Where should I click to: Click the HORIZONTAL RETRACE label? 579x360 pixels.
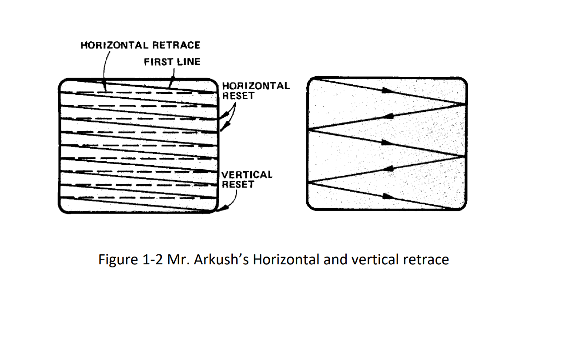pos(140,45)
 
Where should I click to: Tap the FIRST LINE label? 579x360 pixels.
pos(172,62)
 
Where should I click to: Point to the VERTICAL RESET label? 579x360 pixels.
pos(247,179)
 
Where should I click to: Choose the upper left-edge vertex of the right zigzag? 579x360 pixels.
pos(308,130)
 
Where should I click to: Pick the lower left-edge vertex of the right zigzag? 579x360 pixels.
pos(308,182)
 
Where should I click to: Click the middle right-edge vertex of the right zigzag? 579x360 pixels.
pos(466,156)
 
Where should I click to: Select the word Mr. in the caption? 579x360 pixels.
pos(176,260)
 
